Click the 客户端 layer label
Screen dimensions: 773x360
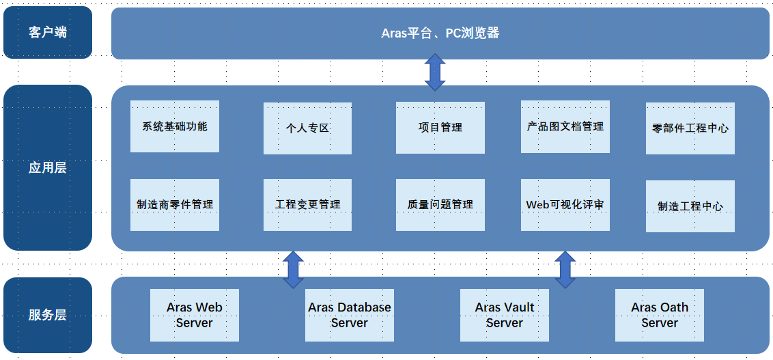(x=47, y=33)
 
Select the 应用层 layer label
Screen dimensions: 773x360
(x=47, y=167)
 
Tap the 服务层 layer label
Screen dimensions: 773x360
(x=47, y=315)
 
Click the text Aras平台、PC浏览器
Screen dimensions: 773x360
(x=440, y=33)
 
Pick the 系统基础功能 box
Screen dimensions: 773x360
(x=175, y=126)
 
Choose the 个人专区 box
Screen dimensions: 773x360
(x=307, y=128)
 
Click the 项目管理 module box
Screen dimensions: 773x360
(x=440, y=128)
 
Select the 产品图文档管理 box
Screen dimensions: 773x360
(x=565, y=127)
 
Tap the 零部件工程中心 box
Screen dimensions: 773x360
(x=690, y=128)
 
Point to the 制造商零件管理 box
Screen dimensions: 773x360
(x=175, y=205)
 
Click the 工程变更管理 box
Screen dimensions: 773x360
(x=307, y=205)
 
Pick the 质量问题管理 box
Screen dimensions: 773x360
(x=440, y=205)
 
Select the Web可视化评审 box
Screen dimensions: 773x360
(x=565, y=205)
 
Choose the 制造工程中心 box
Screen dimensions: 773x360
(x=690, y=206)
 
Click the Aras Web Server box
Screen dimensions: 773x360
(x=194, y=315)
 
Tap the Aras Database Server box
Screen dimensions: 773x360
(x=350, y=315)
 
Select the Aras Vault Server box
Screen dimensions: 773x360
(x=505, y=315)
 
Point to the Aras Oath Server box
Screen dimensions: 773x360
(x=660, y=315)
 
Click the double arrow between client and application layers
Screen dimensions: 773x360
(x=435, y=72)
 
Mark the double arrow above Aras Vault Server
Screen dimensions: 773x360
(x=565, y=270)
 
